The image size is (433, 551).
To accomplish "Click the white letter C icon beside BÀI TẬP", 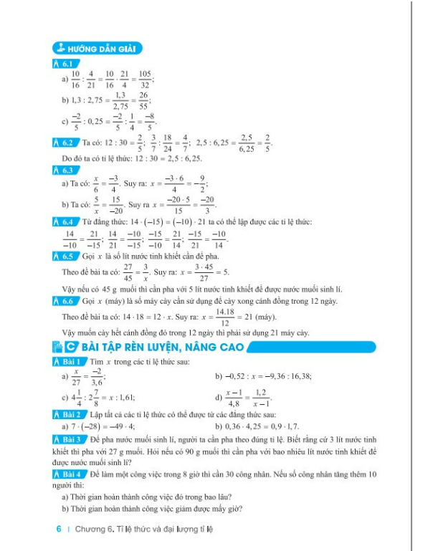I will pyautogui.click(x=70, y=348).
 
